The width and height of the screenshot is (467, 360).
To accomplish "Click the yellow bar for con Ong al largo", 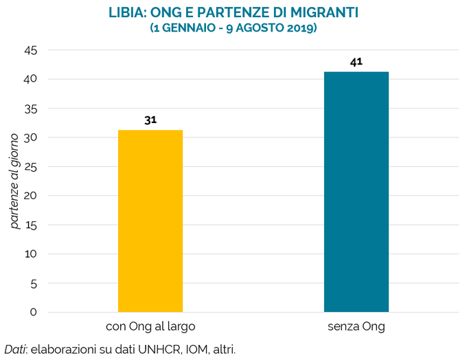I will (150, 221).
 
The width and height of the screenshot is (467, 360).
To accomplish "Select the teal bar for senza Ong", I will (356, 192).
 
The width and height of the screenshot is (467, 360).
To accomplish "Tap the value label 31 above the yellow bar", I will (150, 120).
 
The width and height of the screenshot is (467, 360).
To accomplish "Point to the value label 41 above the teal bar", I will (356, 62).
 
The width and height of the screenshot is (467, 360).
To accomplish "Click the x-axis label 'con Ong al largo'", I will (150, 326).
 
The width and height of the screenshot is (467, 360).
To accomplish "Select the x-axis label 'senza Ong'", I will (356, 326).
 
